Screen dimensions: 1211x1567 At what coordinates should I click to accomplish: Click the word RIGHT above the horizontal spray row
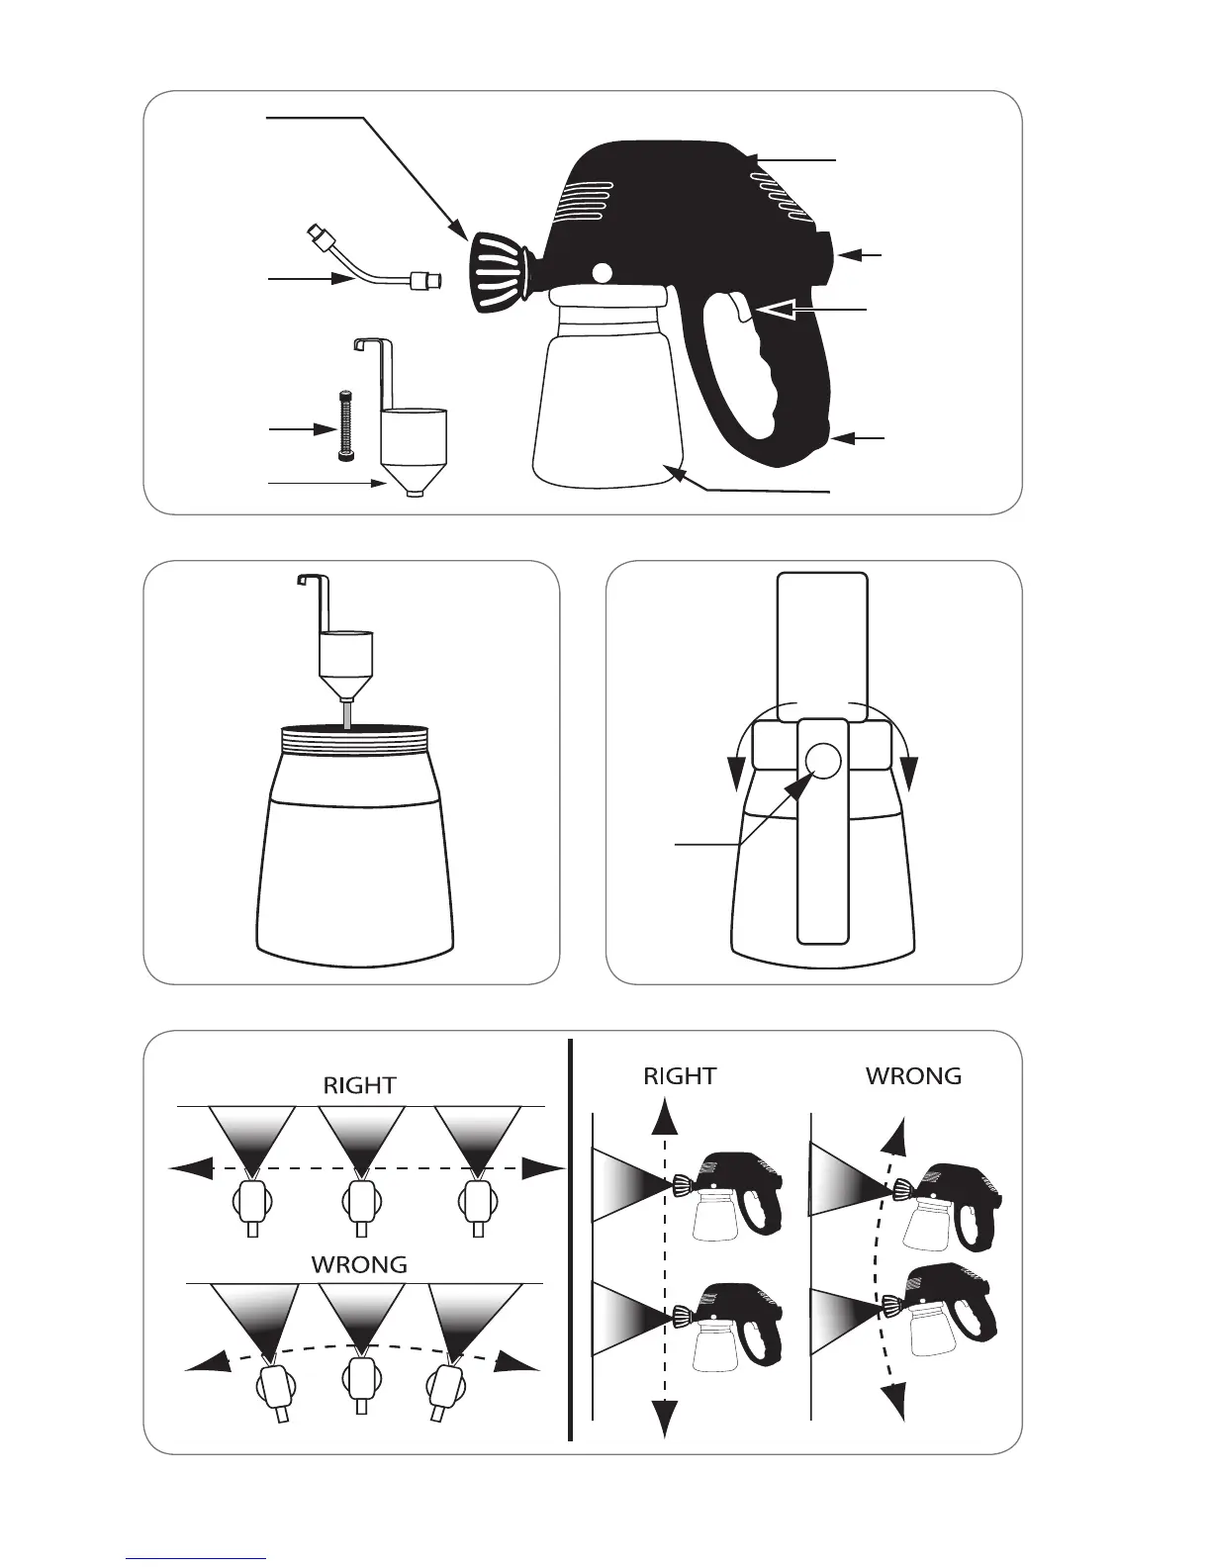(x=359, y=1085)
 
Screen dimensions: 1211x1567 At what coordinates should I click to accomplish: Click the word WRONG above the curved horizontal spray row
(x=359, y=1264)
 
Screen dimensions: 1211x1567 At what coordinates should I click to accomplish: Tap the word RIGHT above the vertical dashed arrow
(x=680, y=1076)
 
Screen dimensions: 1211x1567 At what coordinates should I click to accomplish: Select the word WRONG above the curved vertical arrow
(x=914, y=1076)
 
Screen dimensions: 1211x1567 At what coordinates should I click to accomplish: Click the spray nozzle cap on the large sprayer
(x=500, y=273)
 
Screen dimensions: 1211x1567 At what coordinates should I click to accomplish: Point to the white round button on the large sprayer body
(x=602, y=273)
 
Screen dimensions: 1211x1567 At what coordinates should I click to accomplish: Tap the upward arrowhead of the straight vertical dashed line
(x=664, y=1115)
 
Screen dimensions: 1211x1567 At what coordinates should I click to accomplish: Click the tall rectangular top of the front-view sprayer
(x=822, y=646)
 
